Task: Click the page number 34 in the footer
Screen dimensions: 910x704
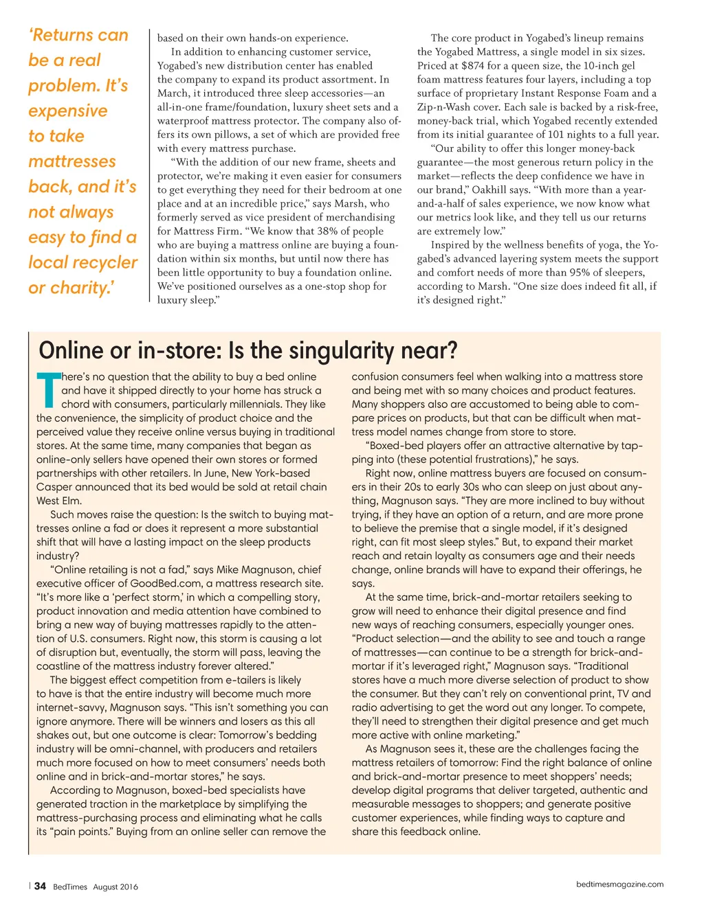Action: [41, 886]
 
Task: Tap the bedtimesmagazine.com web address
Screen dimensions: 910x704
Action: [619, 885]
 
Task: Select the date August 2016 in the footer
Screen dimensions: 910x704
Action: [115, 887]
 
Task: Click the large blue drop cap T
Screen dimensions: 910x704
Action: [48, 390]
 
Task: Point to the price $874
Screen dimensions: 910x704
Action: [472, 66]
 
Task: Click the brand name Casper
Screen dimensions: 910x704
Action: [54, 487]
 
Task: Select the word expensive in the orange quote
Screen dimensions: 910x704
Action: [68, 111]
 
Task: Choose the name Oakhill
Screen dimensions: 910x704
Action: [489, 190]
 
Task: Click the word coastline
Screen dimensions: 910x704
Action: [65, 666]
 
